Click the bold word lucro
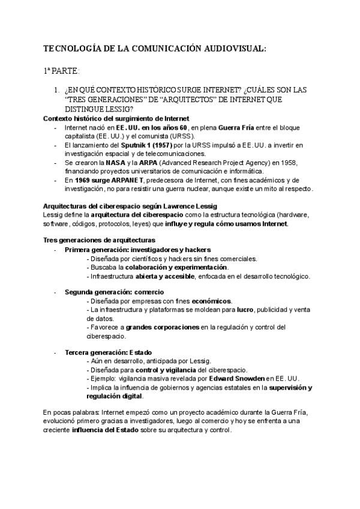pyautogui.click(x=245, y=310)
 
